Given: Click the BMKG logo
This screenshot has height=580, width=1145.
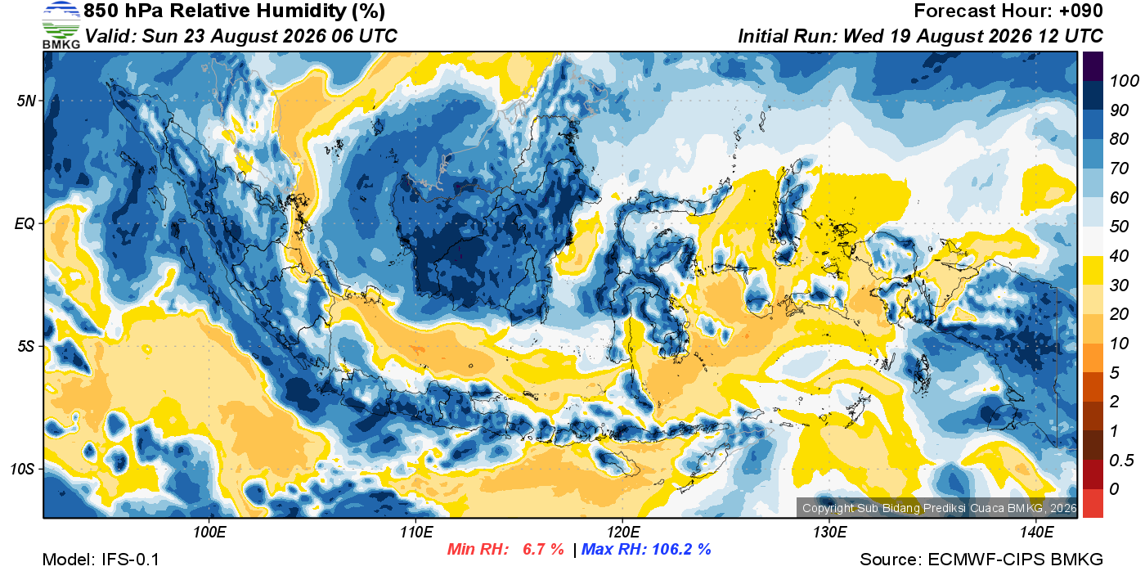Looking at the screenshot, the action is point(61,25).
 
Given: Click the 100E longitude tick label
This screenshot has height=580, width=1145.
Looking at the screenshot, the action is point(209,532).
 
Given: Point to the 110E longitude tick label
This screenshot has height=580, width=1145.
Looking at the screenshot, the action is point(416,532).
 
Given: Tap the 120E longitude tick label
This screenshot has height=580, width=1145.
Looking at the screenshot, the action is point(623,532).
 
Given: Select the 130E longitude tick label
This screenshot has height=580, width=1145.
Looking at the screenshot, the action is point(829,532).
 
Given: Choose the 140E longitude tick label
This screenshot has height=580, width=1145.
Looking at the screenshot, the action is point(1036,532).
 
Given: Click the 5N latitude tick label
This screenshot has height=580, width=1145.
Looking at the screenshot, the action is point(26,101).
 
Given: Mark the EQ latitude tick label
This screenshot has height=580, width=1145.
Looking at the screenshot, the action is point(25,223).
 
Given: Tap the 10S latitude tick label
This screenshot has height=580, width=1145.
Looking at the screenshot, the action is point(23,469).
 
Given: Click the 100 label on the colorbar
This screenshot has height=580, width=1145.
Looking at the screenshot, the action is point(1124,81).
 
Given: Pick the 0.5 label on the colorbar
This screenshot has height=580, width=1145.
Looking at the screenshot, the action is point(1121,461).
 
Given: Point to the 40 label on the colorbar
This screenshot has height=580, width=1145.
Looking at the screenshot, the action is point(1119,256).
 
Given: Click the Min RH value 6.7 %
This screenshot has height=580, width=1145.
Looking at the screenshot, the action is point(543,549).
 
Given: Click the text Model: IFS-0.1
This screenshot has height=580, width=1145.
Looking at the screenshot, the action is point(101,560).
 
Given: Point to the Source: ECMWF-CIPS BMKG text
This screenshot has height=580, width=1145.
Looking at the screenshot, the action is point(981,560).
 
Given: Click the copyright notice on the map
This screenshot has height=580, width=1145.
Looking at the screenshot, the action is point(939,508).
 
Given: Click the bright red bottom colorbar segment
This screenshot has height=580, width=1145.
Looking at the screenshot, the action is point(1093,503).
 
